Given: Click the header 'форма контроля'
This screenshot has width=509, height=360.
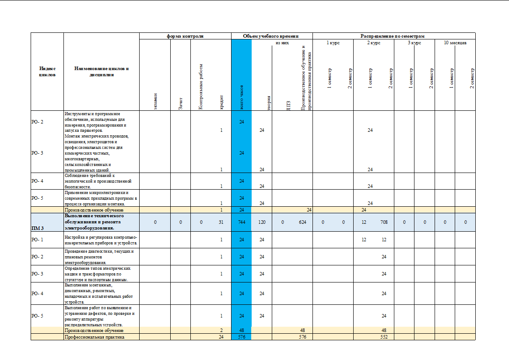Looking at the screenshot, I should [x=185, y=36].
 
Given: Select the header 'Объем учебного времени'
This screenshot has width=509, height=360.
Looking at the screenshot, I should [x=272, y=36].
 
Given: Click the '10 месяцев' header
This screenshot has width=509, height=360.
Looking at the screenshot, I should [x=455, y=43].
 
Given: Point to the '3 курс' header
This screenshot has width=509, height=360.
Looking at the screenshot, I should [x=414, y=43].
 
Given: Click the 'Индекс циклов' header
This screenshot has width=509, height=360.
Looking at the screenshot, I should [x=47, y=71].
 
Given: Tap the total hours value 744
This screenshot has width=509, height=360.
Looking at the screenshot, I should [x=242, y=222].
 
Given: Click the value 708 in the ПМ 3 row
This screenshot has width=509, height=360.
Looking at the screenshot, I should [x=384, y=222].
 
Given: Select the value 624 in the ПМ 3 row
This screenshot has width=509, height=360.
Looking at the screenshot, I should [x=302, y=222].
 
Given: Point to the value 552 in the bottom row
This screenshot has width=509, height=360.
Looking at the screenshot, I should [x=384, y=337].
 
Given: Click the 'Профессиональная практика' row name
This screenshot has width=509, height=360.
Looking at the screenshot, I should [x=95, y=337].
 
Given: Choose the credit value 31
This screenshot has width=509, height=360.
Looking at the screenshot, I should [x=221, y=222].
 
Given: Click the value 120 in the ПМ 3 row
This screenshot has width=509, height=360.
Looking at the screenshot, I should [x=262, y=222].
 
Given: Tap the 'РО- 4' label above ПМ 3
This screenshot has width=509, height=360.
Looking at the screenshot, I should [x=38, y=180].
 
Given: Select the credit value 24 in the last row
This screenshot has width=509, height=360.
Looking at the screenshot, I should [x=221, y=337].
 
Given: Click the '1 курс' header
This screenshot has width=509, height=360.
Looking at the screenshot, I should [x=333, y=43].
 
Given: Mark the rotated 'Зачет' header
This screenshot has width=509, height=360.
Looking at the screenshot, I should [x=180, y=104].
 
